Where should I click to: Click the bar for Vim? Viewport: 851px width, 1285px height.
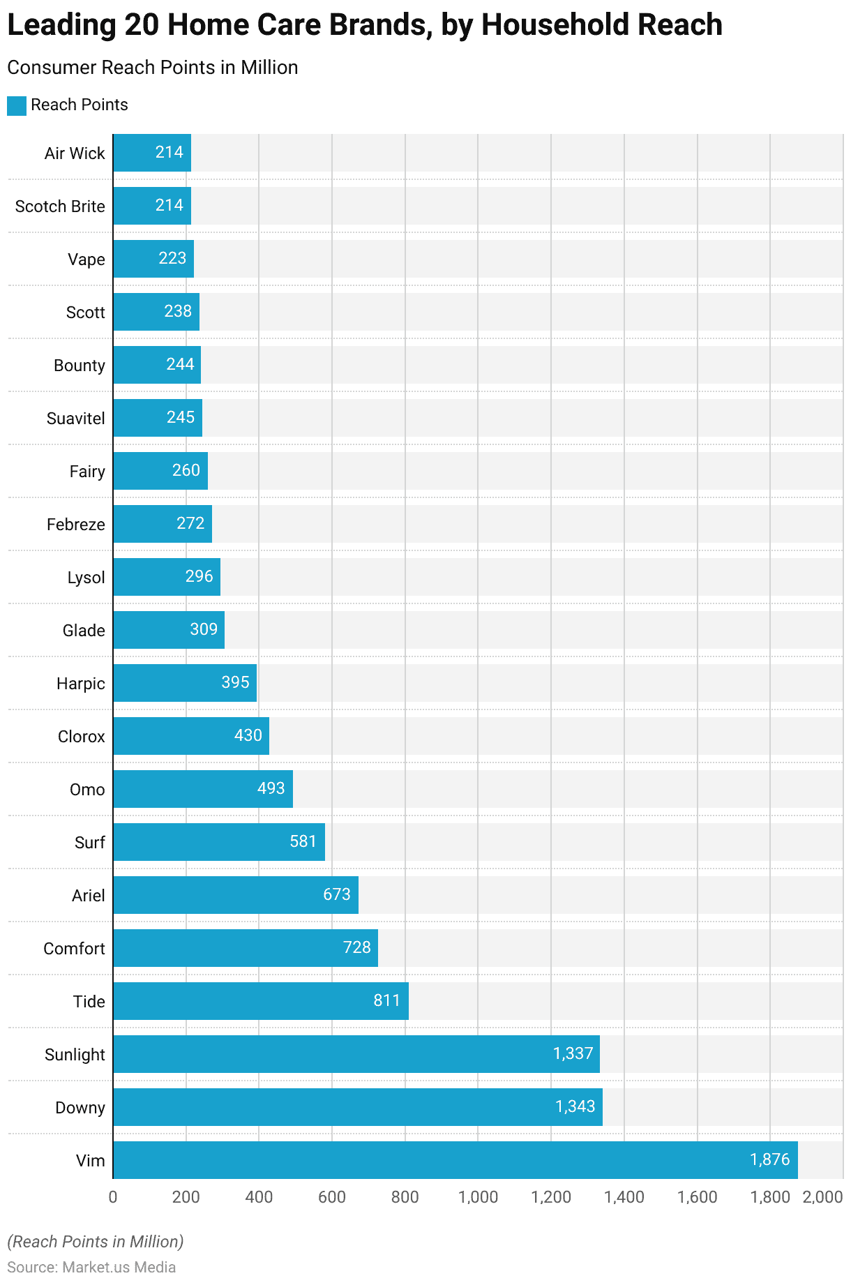(455, 1159)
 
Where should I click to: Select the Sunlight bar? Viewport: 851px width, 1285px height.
(356, 1053)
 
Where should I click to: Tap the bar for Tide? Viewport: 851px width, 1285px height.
(260, 1000)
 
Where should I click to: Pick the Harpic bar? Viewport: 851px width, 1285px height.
(185, 682)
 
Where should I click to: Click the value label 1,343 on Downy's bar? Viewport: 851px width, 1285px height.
(575, 1106)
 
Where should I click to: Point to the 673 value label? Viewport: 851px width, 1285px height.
(337, 894)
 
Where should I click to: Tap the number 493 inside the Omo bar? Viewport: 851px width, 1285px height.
(271, 788)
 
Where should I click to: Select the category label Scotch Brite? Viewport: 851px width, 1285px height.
(60, 206)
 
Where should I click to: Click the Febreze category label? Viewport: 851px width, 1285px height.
(75, 525)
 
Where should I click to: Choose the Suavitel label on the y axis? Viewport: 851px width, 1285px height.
(75, 419)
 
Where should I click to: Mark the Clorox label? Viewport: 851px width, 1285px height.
(81, 737)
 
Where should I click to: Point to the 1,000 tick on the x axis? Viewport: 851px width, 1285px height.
(478, 1197)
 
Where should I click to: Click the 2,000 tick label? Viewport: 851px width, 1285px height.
(822, 1197)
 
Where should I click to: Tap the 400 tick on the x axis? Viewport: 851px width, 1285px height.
(259, 1197)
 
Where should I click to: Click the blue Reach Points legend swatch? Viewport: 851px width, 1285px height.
(17, 105)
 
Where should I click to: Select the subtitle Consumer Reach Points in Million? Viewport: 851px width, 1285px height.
(152, 68)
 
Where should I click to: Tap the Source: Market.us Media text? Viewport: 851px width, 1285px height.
(91, 1267)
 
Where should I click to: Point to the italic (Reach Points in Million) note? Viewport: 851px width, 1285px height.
(96, 1242)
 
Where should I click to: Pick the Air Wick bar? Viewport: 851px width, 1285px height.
(151, 152)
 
